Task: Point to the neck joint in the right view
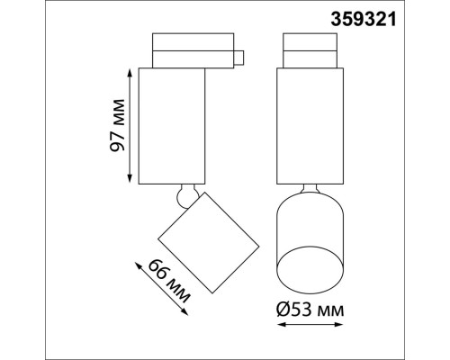[x=308, y=188]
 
